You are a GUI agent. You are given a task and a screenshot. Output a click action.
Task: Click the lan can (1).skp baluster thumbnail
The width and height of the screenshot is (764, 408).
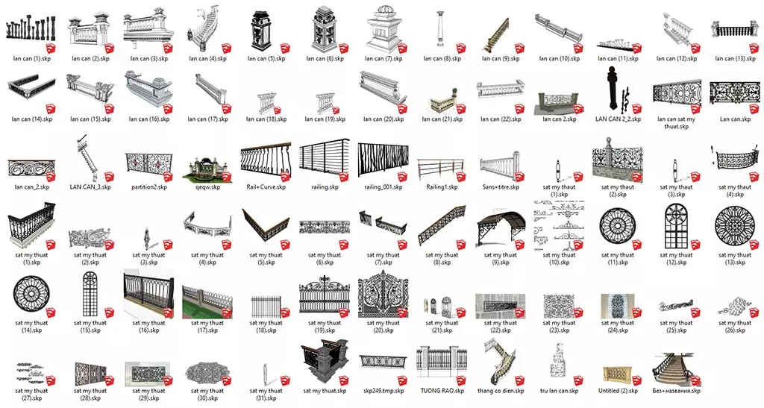(30, 30)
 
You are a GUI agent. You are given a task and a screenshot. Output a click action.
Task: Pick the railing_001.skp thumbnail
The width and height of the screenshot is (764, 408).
(382, 160)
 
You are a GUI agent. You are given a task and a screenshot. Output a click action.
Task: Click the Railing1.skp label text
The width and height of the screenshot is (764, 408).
(442, 187)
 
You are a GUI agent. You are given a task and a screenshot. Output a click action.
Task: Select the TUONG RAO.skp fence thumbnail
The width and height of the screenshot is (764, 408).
(442, 363)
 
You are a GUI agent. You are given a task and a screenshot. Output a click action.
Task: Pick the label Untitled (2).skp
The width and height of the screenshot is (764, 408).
(618, 390)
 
